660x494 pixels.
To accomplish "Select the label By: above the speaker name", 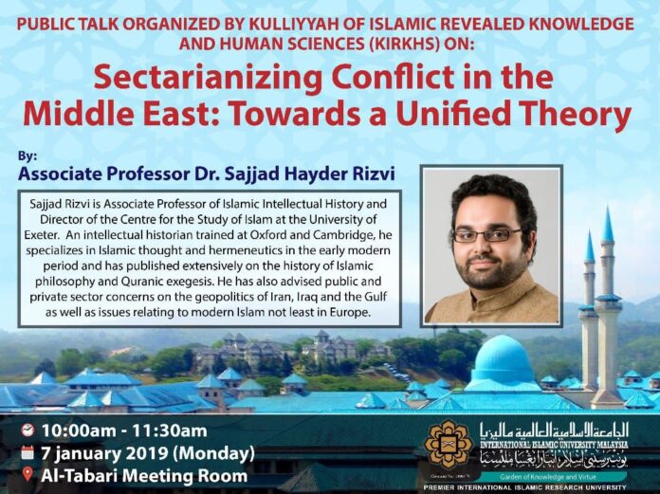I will tap(27, 155).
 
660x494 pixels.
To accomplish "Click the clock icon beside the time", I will tap(27, 429).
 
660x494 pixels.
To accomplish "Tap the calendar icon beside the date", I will tap(27, 451).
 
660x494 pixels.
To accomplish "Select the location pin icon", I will tap(27, 474).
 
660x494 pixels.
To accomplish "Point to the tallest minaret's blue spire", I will tap(608, 226).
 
